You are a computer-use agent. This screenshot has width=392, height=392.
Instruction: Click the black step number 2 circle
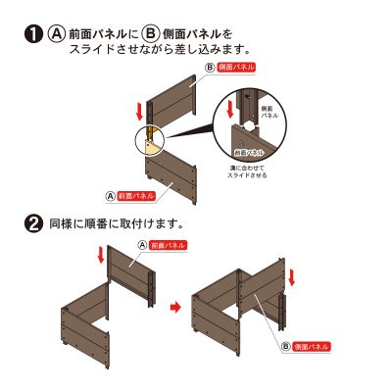[31, 223]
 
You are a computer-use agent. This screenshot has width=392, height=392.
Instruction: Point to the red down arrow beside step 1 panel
[142, 109]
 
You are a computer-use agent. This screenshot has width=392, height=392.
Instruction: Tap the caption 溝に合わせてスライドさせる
[246, 172]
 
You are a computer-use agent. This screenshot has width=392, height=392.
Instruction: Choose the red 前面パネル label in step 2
[168, 244]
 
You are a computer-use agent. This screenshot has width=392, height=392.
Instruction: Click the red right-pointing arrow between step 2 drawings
[175, 307]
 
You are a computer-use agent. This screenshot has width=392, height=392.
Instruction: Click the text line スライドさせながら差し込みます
[157, 48]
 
